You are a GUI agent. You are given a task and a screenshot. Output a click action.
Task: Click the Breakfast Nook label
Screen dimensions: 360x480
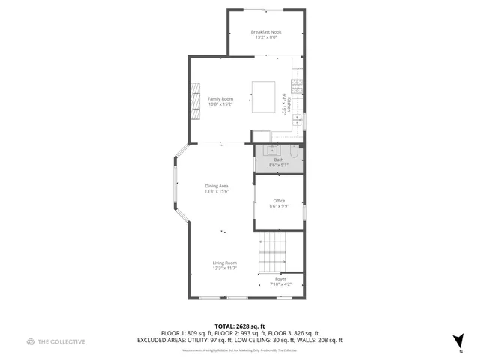coord(265,32)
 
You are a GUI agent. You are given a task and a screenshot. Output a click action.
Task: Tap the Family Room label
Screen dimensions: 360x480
coord(220,99)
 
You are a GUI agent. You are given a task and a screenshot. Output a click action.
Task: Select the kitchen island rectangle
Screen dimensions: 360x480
coord(263,96)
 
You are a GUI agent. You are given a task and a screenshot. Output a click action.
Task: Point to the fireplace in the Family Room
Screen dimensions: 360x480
coord(195,98)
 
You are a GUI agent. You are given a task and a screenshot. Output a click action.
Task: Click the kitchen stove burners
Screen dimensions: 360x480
coord(298,86)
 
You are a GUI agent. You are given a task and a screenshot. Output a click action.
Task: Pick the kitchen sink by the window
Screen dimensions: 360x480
coord(298,120)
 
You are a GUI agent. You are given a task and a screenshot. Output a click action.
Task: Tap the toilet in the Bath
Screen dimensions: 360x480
coord(295,153)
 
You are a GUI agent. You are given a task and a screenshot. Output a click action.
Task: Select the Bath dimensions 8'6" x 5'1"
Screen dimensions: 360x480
coord(279,165)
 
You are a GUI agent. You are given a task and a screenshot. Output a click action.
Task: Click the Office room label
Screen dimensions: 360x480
coord(279,201)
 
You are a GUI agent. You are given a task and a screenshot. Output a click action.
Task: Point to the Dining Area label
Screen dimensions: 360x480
coord(217,186)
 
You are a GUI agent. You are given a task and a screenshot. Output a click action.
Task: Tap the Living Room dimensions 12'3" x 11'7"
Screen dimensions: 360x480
coord(224,268)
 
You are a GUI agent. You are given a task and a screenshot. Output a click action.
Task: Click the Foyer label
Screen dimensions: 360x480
coord(280,279)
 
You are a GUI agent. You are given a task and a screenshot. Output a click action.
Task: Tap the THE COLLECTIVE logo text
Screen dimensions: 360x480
coord(62,341)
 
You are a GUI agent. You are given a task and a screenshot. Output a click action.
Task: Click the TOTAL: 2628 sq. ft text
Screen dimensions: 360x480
coord(239,326)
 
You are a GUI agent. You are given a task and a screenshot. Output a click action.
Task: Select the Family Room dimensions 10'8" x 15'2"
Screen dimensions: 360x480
coord(220,104)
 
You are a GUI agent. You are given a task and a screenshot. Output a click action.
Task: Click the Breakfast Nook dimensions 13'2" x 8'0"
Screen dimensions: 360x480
coord(265,37)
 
